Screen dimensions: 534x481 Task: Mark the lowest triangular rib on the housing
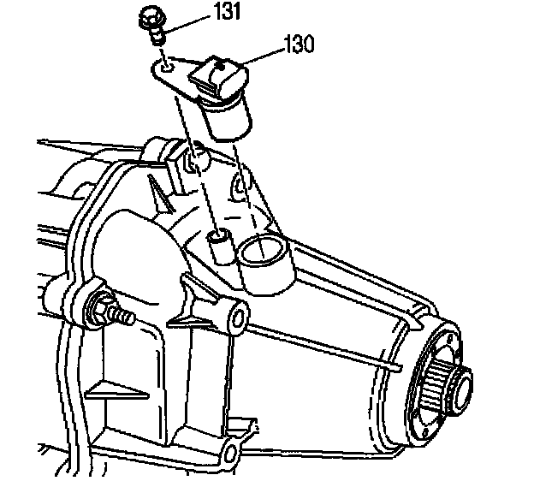108,389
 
